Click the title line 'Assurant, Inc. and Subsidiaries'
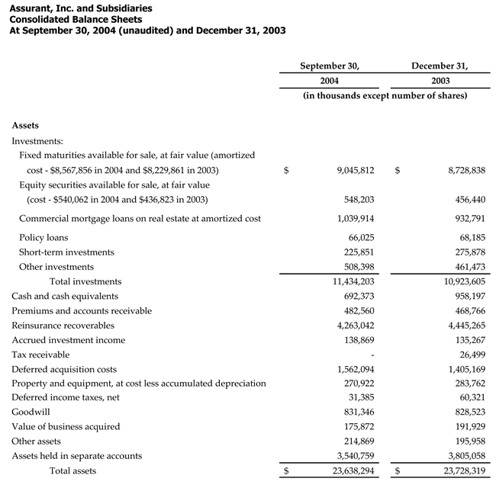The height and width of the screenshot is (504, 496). (80, 8)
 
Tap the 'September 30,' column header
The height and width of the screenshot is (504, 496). (329, 66)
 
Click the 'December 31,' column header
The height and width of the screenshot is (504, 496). (440, 66)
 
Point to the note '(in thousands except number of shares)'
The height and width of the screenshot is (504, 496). (385, 95)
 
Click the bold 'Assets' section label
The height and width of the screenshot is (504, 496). (25, 125)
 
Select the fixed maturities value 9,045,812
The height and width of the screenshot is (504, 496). (355, 170)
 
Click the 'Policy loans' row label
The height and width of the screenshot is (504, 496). (43, 237)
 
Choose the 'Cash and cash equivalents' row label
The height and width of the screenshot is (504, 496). (65, 296)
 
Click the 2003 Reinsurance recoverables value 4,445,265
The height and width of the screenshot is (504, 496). (465, 325)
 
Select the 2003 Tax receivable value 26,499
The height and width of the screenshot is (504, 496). (469, 355)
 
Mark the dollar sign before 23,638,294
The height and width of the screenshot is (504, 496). (286, 471)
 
